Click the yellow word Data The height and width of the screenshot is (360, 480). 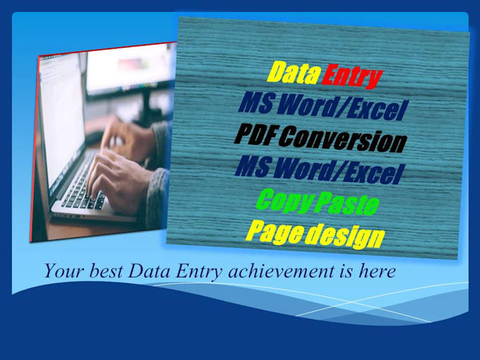pyautogui.click(x=292, y=72)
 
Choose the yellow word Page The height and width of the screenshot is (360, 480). pyautogui.click(x=272, y=231)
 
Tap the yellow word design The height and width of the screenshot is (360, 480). pyautogui.click(x=342, y=236)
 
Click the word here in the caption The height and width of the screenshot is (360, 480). pyautogui.click(x=376, y=270)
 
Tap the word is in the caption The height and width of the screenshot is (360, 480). pyautogui.click(x=344, y=270)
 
